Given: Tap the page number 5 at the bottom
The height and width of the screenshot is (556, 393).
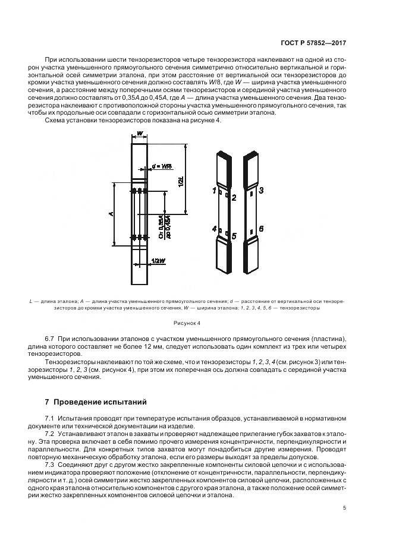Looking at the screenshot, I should pyautogui.click(x=345, y=508).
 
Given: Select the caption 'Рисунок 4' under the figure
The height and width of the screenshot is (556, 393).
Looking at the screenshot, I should pyautogui.click(x=196, y=324).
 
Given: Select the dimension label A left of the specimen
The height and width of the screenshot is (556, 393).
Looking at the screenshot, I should pyautogui.click(x=111, y=214).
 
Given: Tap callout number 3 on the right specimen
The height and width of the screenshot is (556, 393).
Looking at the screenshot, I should pyautogui.click(x=261, y=191).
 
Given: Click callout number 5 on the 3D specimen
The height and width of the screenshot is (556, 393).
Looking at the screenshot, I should pyautogui.click(x=234, y=236).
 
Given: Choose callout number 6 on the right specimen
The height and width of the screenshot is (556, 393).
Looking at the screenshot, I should pyautogui.click(x=261, y=228).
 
